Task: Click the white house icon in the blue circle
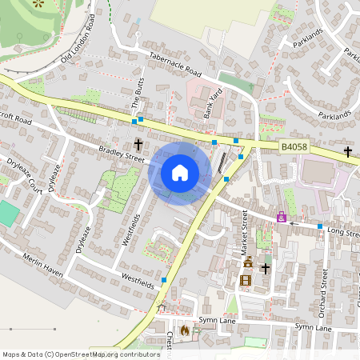[x=179, y=172]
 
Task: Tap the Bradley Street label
[x=122, y=153]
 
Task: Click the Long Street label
[x=345, y=233]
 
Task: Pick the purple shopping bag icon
[x=281, y=217]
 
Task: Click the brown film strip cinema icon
[x=246, y=279]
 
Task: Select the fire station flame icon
[x=185, y=329]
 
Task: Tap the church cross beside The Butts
[x=138, y=145]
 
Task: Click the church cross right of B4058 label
[x=348, y=150]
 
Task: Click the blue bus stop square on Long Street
[x=320, y=226]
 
